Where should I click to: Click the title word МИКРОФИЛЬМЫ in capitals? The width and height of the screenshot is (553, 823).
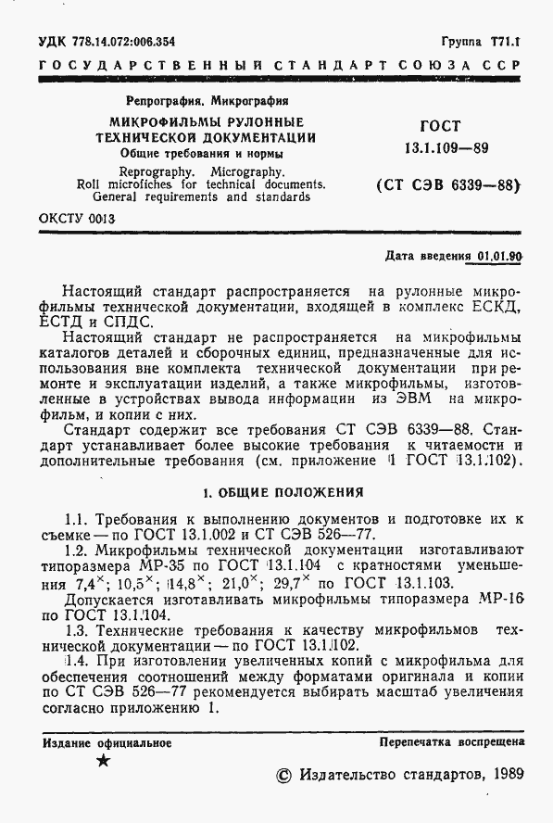pyautogui.click(x=162, y=122)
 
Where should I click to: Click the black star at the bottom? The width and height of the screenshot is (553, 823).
pyautogui.click(x=103, y=761)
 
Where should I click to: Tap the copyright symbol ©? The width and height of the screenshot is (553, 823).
pyautogui.click(x=284, y=775)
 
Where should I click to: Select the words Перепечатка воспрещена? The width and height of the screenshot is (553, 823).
pyautogui.click(x=452, y=742)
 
